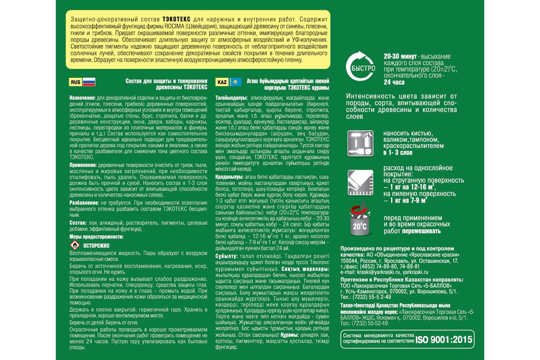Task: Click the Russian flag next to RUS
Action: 89,82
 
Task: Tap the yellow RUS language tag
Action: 75,82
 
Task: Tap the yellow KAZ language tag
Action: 222,82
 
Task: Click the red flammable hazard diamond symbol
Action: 75,245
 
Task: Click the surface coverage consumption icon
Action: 360,183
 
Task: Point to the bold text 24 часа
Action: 395,82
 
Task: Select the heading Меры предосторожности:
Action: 96,237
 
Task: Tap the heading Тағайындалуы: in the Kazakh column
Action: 232,98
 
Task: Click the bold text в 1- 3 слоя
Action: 398,153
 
